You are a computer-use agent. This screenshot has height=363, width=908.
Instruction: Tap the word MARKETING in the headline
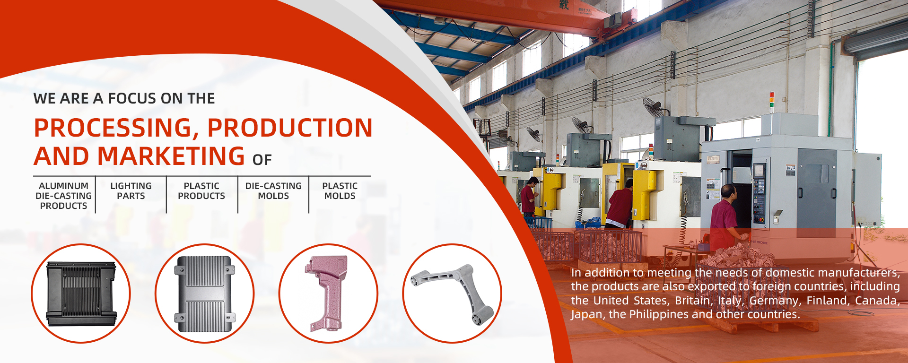[171, 156]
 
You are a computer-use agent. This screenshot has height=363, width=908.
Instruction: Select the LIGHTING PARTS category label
[131, 191]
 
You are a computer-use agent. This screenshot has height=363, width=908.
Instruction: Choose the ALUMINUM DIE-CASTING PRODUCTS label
[63, 196]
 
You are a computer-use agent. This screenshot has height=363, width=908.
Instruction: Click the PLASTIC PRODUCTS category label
[201, 191]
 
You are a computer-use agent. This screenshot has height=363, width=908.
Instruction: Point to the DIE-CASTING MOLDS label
[273, 191]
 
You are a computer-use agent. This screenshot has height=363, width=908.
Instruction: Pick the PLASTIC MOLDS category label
[340, 191]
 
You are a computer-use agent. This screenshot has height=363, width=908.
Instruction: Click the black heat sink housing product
[81, 294]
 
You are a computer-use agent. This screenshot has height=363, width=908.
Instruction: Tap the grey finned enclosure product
[205, 294]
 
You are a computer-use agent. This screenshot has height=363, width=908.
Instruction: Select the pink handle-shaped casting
[327, 293]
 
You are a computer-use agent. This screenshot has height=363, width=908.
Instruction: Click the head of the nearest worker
[729, 192]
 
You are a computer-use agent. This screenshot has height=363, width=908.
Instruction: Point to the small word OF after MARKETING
[262, 160]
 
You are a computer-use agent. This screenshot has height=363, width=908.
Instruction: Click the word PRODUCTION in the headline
[290, 128]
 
